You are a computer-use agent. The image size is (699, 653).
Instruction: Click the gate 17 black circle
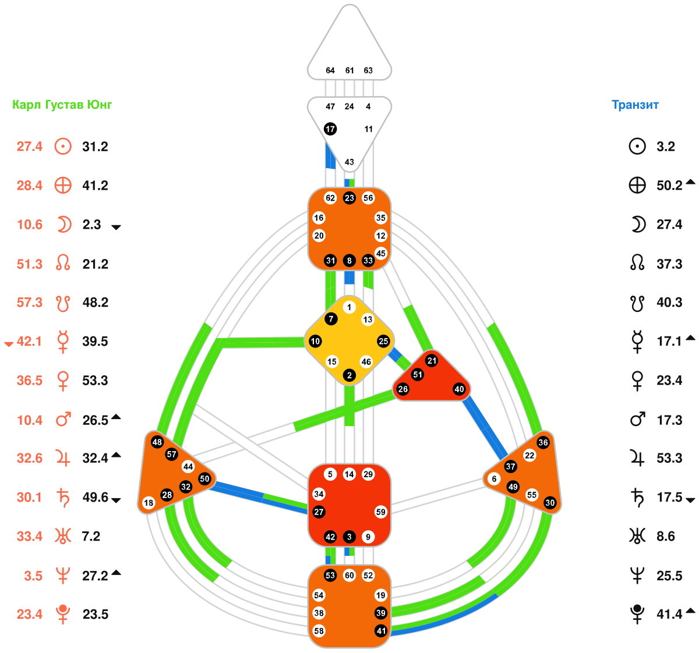330,129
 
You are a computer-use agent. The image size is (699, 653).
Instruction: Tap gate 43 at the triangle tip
349,162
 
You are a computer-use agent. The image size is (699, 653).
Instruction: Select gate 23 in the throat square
349,198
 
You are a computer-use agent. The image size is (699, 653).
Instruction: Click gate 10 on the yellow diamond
315,341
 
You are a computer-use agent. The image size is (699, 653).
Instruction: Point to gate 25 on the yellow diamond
383,341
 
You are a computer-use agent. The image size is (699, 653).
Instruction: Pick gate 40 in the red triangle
459,389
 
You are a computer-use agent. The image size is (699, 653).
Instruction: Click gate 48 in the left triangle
157,442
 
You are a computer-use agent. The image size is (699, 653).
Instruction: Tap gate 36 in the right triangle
543,442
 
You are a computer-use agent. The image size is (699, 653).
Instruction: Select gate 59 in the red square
380,512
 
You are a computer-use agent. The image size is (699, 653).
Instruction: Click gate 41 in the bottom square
380,630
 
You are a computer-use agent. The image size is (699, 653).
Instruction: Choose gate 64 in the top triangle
330,70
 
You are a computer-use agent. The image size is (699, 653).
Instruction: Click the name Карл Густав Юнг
62,105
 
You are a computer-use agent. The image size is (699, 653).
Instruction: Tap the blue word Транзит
635,105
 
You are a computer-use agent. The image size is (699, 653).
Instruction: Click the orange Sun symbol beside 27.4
63,146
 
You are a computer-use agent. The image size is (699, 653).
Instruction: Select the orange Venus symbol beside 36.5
63,381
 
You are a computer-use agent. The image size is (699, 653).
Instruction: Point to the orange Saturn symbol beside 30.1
63,498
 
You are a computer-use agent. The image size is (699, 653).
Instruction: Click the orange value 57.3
30,303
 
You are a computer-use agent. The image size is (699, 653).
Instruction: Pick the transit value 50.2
669,186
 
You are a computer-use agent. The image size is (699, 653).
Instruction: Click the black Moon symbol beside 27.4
638,225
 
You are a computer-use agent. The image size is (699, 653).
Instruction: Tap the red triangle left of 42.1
9,344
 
